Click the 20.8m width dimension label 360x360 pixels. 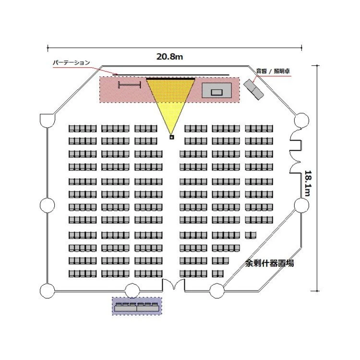[169, 57]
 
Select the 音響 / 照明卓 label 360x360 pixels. [272, 71]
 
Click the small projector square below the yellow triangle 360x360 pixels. [172, 137]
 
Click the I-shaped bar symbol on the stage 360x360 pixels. [130, 85]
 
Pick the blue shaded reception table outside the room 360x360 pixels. [137, 306]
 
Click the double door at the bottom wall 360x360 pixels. [173, 285]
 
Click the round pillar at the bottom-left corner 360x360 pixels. [47, 291]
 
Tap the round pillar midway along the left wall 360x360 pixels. [47, 205]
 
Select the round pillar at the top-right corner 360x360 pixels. [301, 120]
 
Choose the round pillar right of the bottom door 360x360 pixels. [217, 290]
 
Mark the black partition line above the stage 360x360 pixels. [173, 75]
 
